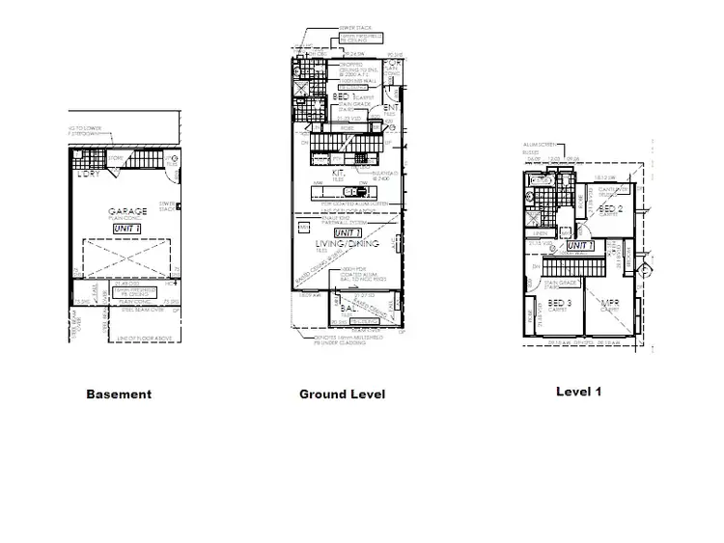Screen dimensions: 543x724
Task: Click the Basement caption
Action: [119, 394]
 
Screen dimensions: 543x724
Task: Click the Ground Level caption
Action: [342, 394]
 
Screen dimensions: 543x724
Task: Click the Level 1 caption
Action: [579, 392]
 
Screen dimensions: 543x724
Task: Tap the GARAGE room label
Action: [127, 212]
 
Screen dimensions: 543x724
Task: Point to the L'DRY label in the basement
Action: [89, 174]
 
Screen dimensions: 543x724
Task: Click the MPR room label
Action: [610, 304]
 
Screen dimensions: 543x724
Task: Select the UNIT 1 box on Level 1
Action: [579, 246]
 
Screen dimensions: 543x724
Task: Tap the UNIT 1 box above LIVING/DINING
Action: [348, 232]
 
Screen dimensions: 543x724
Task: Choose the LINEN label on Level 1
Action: [543, 232]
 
